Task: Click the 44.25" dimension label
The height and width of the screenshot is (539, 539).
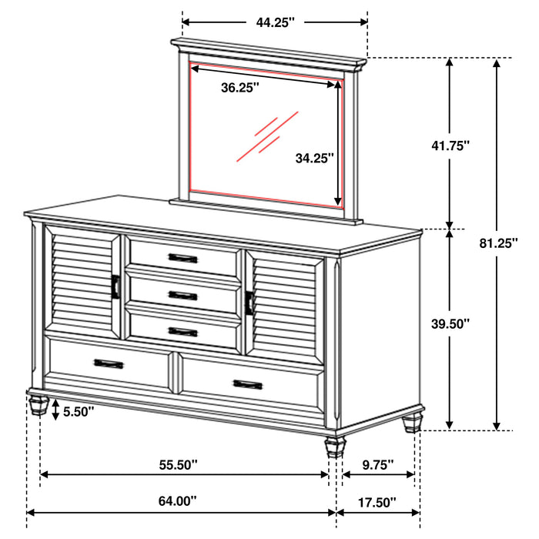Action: [x=275, y=22]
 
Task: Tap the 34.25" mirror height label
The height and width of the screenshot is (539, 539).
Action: [x=314, y=158]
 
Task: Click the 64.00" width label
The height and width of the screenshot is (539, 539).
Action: [x=177, y=501]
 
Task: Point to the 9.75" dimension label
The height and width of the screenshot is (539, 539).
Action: [x=377, y=464]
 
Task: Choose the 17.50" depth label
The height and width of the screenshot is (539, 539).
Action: [x=377, y=502]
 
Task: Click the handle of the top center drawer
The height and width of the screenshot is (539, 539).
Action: [x=183, y=257]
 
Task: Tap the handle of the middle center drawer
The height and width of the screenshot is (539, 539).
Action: [x=183, y=295]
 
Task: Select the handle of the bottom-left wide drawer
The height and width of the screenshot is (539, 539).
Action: [x=109, y=363]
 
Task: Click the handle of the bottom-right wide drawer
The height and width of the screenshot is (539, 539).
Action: [x=248, y=383]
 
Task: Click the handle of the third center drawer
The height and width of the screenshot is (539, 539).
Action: [x=183, y=332]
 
